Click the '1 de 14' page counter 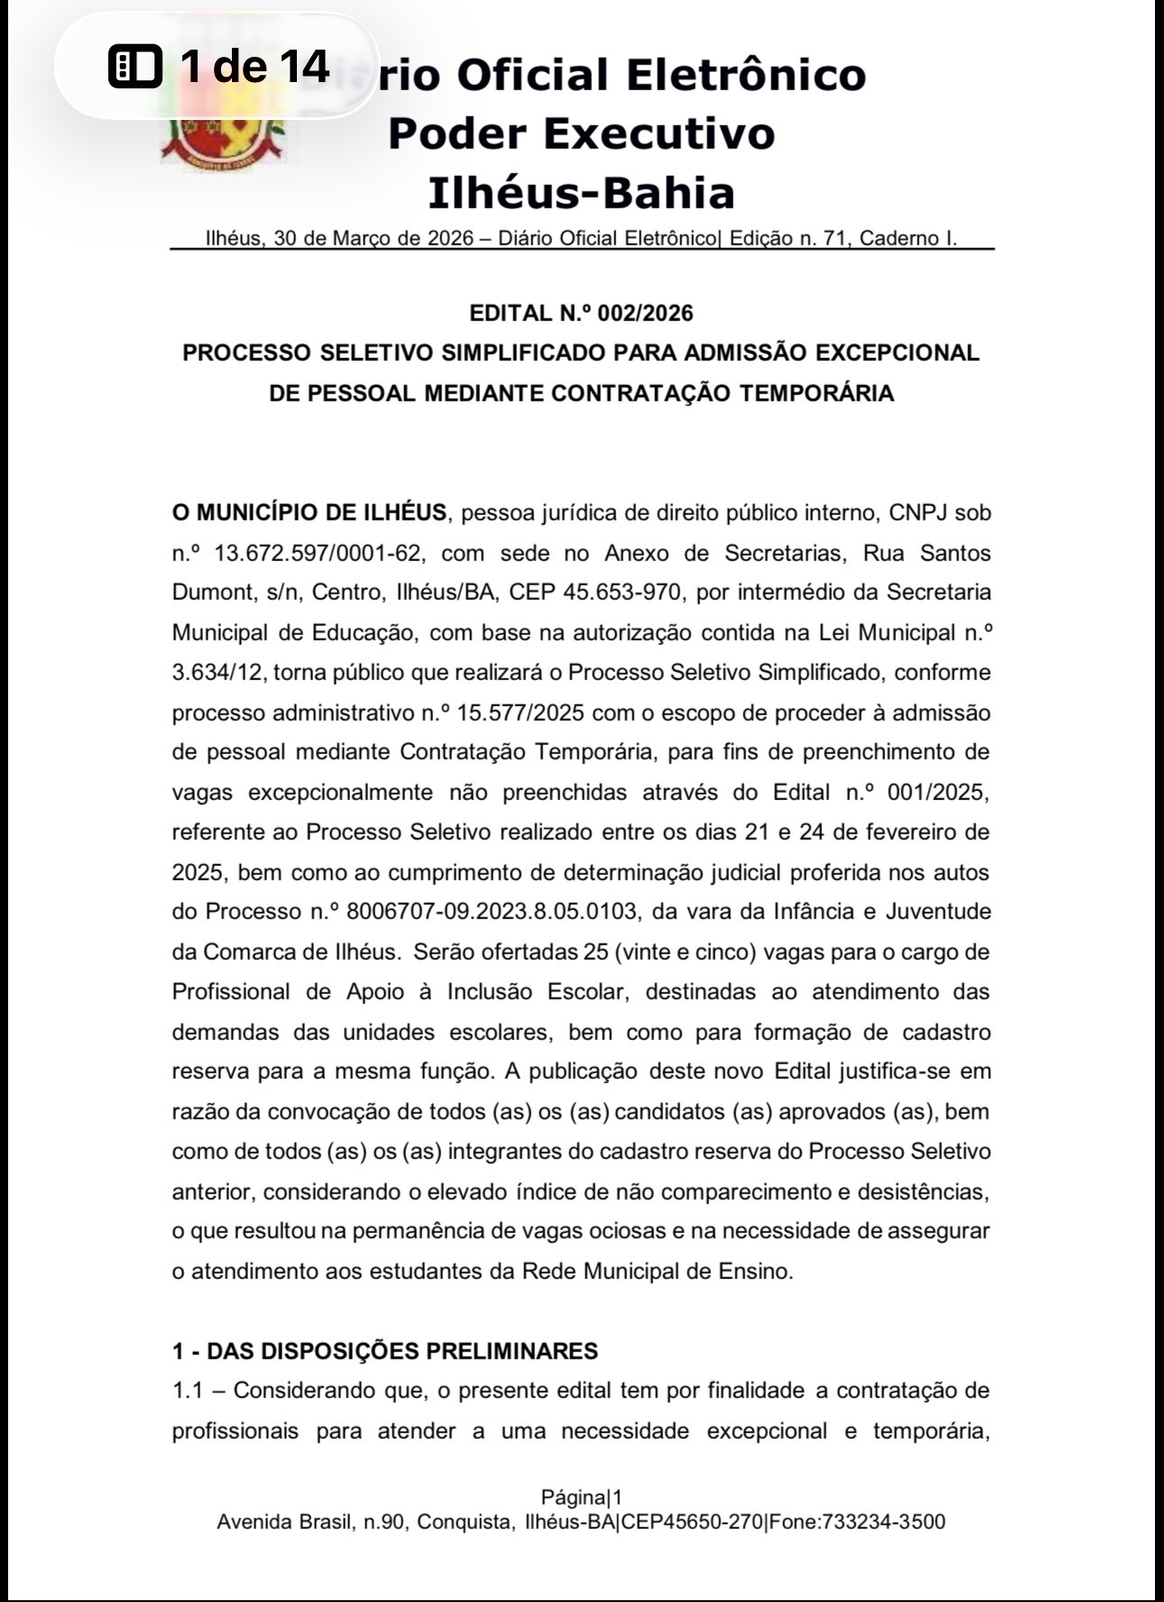click(254, 66)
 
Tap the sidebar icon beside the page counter click(135, 66)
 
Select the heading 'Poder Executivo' click(581, 133)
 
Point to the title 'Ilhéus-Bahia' click(581, 193)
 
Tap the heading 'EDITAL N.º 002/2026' click(581, 313)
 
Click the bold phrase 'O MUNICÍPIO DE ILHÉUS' click(309, 513)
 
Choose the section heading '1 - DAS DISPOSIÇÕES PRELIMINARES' click(385, 1351)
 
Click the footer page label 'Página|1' click(581, 1498)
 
